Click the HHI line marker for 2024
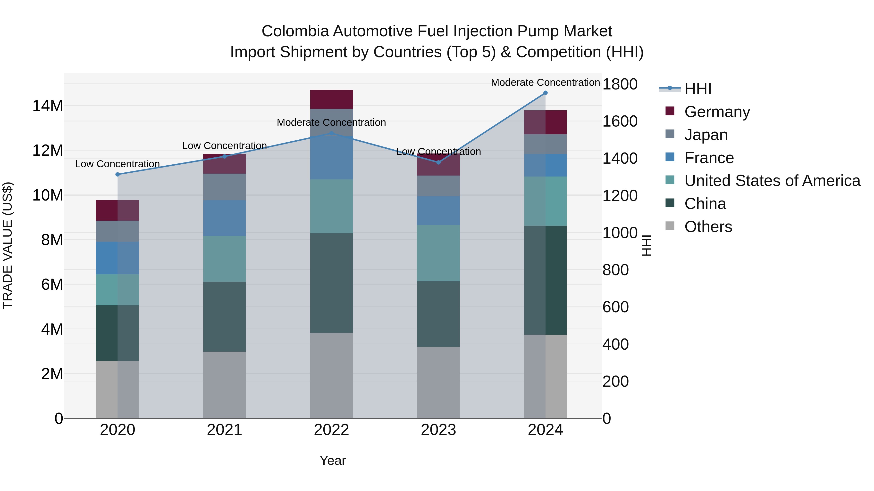point(545,93)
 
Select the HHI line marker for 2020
point(118,175)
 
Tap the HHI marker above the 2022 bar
point(331,133)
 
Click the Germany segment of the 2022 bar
point(331,99)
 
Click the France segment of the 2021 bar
point(224,218)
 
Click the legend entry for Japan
point(706,135)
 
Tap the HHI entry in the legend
point(698,89)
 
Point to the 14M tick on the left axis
point(48,106)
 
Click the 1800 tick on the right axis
point(620,84)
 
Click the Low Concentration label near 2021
point(224,146)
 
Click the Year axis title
point(333,460)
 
